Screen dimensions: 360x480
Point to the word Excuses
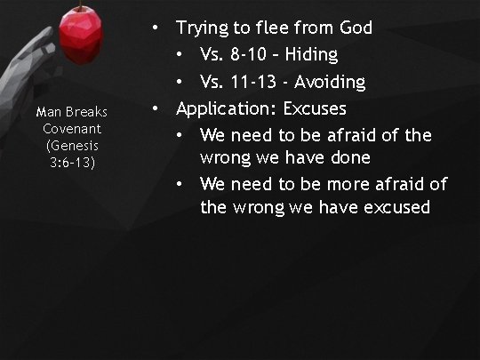point(314,109)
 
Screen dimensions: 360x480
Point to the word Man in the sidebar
point(46,113)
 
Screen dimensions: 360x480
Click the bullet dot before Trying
point(156,28)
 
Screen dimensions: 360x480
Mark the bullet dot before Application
point(156,109)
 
